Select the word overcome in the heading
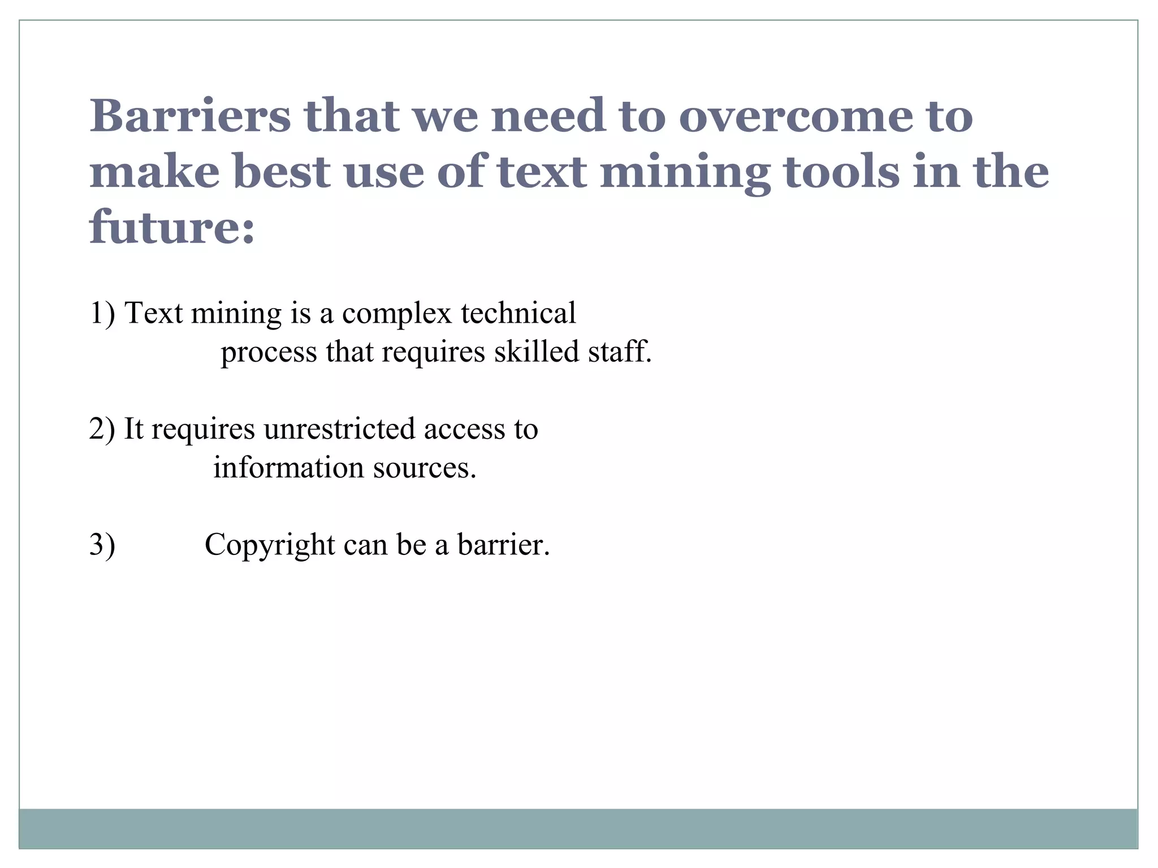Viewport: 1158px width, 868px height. pyautogui.click(x=795, y=116)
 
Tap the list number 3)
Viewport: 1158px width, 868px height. pyautogui.click(x=102, y=545)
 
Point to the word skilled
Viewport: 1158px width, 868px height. pyautogui.click(x=537, y=351)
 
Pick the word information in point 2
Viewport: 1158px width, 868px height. pyautogui.click(x=288, y=467)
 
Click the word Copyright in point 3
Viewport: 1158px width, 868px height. pyautogui.click(x=270, y=546)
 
